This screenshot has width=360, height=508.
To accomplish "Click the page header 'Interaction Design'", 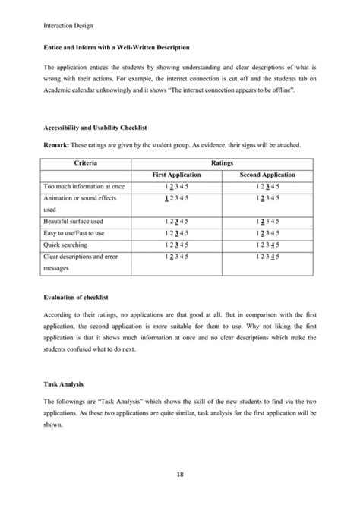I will [x=68, y=25].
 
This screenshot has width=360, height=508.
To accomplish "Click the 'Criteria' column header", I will [x=90, y=162].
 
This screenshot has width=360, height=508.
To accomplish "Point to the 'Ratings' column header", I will [x=223, y=162].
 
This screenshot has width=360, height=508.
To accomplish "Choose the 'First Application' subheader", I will [x=175, y=175].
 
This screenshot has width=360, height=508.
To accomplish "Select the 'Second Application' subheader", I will [x=267, y=175].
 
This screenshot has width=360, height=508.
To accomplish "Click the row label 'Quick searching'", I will [x=66, y=245].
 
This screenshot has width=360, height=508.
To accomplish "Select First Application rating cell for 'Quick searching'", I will [x=175, y=245].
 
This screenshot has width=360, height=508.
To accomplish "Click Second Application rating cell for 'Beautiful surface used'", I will [x=267, y=222].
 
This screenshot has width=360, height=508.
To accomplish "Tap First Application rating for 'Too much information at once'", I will [x=175, y=186].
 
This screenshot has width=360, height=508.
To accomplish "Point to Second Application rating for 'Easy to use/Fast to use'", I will [x=267, y=233].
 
